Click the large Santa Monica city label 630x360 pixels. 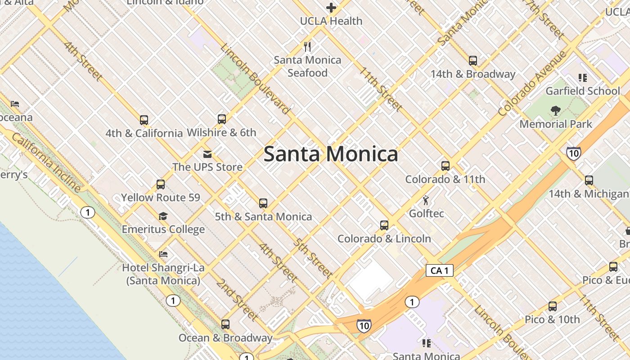331,154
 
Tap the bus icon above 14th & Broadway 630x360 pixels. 472,60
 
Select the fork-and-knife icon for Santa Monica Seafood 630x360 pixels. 308,46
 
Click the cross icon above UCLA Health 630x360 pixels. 331,8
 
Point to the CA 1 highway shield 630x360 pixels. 439,270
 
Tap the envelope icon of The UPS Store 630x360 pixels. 207,154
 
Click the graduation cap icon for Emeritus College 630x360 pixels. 163,216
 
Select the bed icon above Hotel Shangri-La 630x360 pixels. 163,255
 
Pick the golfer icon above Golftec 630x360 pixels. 426,200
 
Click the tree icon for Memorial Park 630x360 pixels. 556,111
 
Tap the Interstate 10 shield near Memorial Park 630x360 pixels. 573,153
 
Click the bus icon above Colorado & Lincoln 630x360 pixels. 384,225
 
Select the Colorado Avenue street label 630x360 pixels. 533,84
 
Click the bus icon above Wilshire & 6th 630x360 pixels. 221,119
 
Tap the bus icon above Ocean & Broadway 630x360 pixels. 225,324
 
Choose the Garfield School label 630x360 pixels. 583,91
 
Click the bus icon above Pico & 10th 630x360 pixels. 552,306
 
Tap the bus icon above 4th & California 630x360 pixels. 144,120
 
